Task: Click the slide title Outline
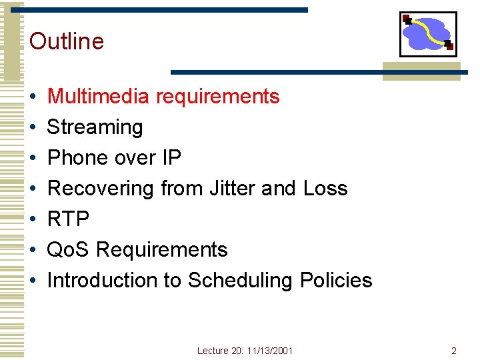point(67,41)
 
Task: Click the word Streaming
point(95,127)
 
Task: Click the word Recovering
point(101,189)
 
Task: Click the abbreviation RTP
point(68,219)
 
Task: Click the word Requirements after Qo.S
point(162,250)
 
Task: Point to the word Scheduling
point(240,281)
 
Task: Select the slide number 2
point(453,351)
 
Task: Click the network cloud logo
point(427,34)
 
